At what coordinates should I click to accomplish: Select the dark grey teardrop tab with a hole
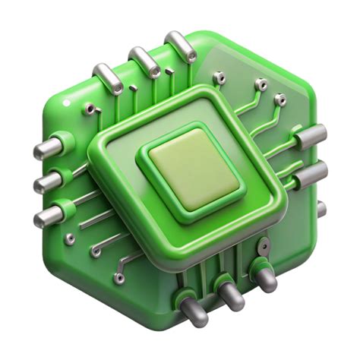pyautogui.click(x=263, y=247)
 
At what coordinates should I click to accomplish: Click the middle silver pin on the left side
pyautogui.click(x=46, y=182)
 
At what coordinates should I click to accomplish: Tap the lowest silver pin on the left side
pyautogui.click(x=47, y=218)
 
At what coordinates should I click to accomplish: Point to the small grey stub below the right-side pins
pyautogui.click(x=321, y=208)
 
